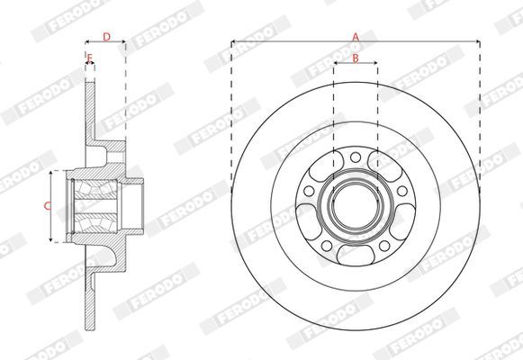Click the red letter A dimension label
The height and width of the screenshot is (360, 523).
356,37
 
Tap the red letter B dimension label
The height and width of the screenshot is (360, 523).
356,58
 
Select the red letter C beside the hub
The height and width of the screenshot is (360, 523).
48,206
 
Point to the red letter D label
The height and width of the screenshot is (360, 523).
106,37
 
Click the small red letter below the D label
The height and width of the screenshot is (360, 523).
89,58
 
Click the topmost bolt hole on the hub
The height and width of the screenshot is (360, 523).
356,157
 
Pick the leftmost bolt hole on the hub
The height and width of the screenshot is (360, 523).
309,191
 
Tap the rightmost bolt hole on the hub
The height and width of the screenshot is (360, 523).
402,191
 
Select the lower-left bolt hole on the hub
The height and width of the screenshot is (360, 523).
327,246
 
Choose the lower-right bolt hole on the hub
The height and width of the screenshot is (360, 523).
384,246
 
